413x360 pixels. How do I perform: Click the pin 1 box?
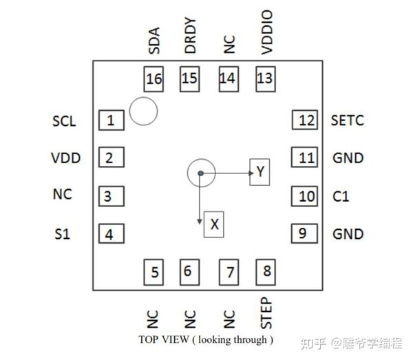[112, 121]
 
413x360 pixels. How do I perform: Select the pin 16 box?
[154, 79]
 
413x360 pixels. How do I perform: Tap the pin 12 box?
[306, 120]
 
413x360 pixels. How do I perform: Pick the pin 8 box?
[266, 271]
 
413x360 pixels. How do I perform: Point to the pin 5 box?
[154, 272]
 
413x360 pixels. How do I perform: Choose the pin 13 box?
[265, 78]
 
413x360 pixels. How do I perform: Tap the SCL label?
[64, 122]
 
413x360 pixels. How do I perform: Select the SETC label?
[348, 121]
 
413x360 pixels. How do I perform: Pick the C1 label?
[341, 197]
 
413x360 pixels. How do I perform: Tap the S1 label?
[62, 234]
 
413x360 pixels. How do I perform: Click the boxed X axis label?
[215, 224]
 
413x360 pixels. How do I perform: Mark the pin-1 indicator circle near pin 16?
[143, 112]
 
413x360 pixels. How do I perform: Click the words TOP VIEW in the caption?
[163, 339]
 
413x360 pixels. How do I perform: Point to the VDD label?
[65, 158]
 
